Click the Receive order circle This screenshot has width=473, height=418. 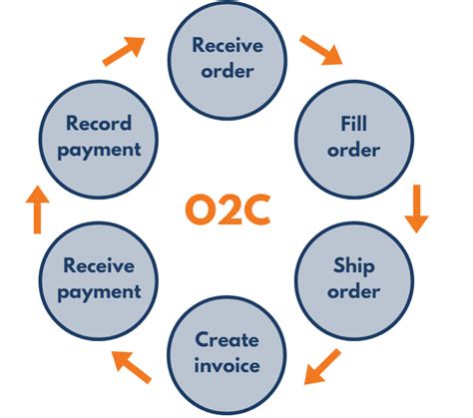(x=228, y=60)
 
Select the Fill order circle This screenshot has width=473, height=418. (x=354, y=140)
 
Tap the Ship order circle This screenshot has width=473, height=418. (x=354, y=281)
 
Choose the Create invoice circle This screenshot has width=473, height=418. (x=227, y=356)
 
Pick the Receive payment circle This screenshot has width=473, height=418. (x=99, y=281)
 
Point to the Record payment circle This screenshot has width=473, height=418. (x=99, y=140)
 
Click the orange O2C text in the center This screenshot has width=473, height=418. (x=228, y=209)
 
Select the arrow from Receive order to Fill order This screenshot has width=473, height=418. (x=321, y=50)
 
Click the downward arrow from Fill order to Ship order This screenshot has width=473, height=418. (x=416, y=209)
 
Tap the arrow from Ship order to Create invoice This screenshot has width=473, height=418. (x=322, y=367)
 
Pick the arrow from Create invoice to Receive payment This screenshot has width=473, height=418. (x=132, y=367)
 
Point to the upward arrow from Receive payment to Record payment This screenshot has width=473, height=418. (x=38, y=209)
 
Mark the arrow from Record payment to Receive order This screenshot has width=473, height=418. (x=124, y=52)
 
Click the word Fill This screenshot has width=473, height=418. (x=354, y=124)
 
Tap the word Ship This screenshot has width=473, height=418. (x=354, y=266)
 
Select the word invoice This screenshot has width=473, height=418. (x=227, y=365)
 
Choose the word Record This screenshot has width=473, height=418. (x=99, y=123)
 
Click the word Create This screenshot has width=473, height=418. (x=227, y=340)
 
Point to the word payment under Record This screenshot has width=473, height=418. (x=99, y=151)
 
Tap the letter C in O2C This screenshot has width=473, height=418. (x=256, y=209)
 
